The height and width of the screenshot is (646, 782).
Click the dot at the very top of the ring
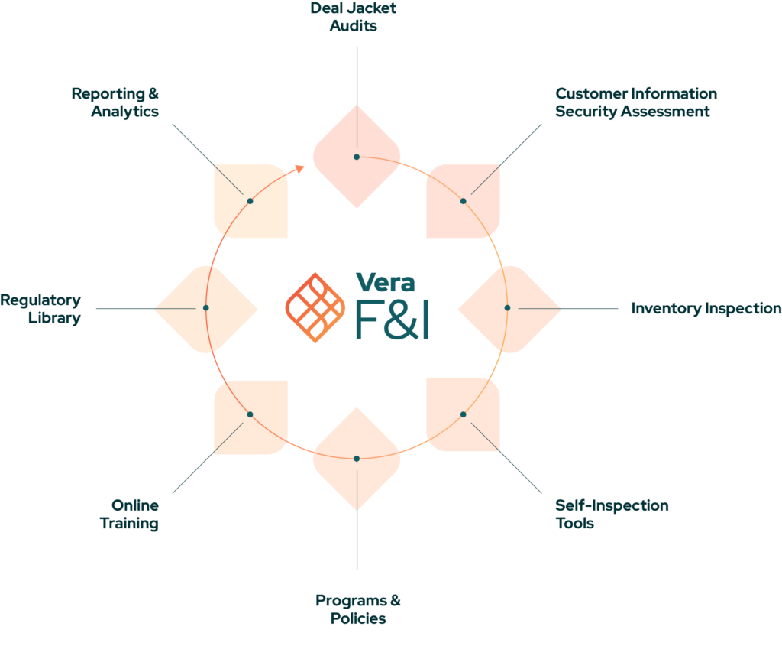357,157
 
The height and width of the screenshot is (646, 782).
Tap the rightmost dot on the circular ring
507,307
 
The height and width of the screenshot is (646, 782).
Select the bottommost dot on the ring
357,458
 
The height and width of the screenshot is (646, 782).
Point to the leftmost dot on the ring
206,307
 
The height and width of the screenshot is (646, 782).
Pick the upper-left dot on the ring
250,200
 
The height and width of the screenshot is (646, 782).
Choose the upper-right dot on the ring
464,200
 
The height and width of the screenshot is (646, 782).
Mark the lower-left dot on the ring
250,414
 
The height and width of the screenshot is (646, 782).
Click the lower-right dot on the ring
464,414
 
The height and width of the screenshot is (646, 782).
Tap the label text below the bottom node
365,614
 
